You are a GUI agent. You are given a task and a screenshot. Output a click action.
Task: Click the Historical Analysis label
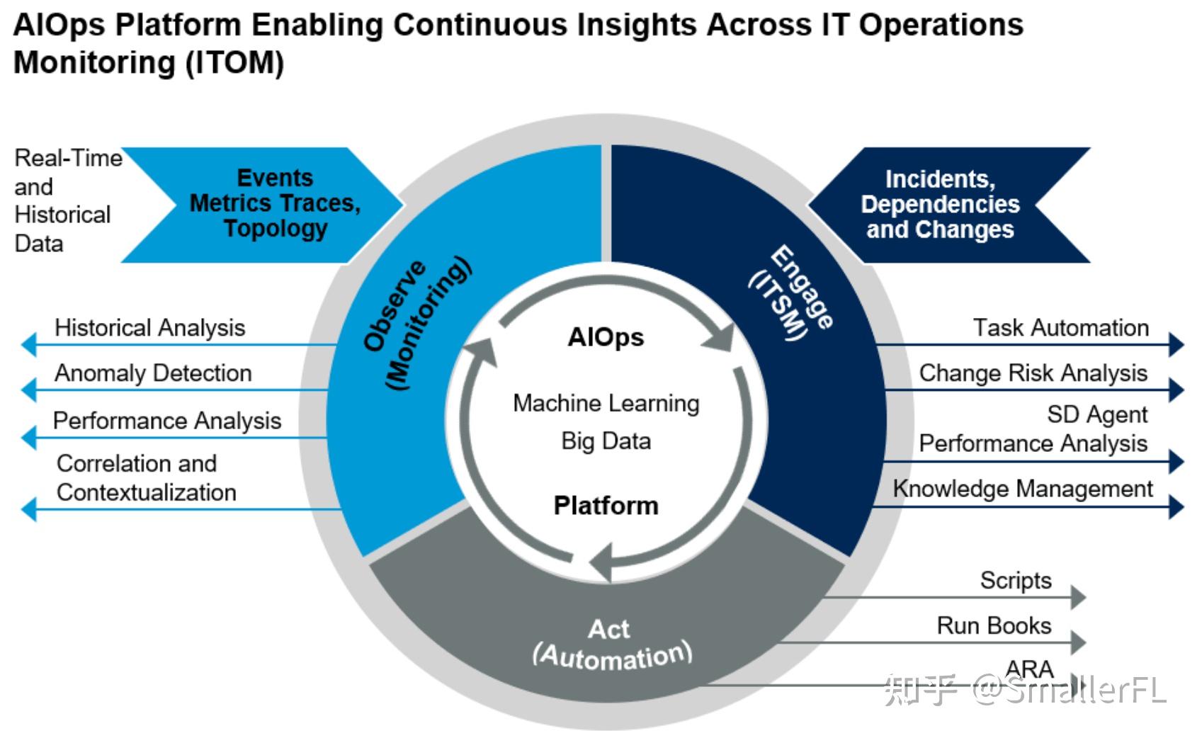[x=149, y=328]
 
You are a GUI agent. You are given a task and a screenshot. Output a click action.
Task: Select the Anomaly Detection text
[x=153, y=373]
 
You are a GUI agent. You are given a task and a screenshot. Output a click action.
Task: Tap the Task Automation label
[x=1060, y=328]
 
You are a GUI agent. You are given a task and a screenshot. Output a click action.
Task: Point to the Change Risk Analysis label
[x=1033, y=373]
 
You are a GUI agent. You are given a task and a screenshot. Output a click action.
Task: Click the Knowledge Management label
[x=1022, y=489]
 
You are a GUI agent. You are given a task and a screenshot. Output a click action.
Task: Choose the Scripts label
[x=1015, y=581]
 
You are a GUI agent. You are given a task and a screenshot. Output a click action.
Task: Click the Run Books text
[x=993, y=626]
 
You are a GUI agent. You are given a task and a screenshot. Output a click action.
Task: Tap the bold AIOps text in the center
[x=606, y=337]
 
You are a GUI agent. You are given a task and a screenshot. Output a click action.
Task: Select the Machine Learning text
[x=606, y=404]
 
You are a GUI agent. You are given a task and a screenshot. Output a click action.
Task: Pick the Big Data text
[x=606, y=441]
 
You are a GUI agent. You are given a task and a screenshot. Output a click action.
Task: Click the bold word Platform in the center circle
[x=606, y=506]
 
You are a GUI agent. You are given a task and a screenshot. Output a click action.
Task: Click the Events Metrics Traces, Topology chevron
[x=275, y=203]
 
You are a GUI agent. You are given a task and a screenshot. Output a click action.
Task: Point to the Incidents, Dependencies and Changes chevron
[x=940, y=205]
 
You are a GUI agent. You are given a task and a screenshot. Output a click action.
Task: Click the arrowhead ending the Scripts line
[x=1078, y=597]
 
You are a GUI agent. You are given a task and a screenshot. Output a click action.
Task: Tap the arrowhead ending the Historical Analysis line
[x=28, y=345]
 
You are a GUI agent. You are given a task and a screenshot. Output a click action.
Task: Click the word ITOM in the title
[x=234, y=62]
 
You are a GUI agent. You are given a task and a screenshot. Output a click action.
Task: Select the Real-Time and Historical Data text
[x=64, y=201]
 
